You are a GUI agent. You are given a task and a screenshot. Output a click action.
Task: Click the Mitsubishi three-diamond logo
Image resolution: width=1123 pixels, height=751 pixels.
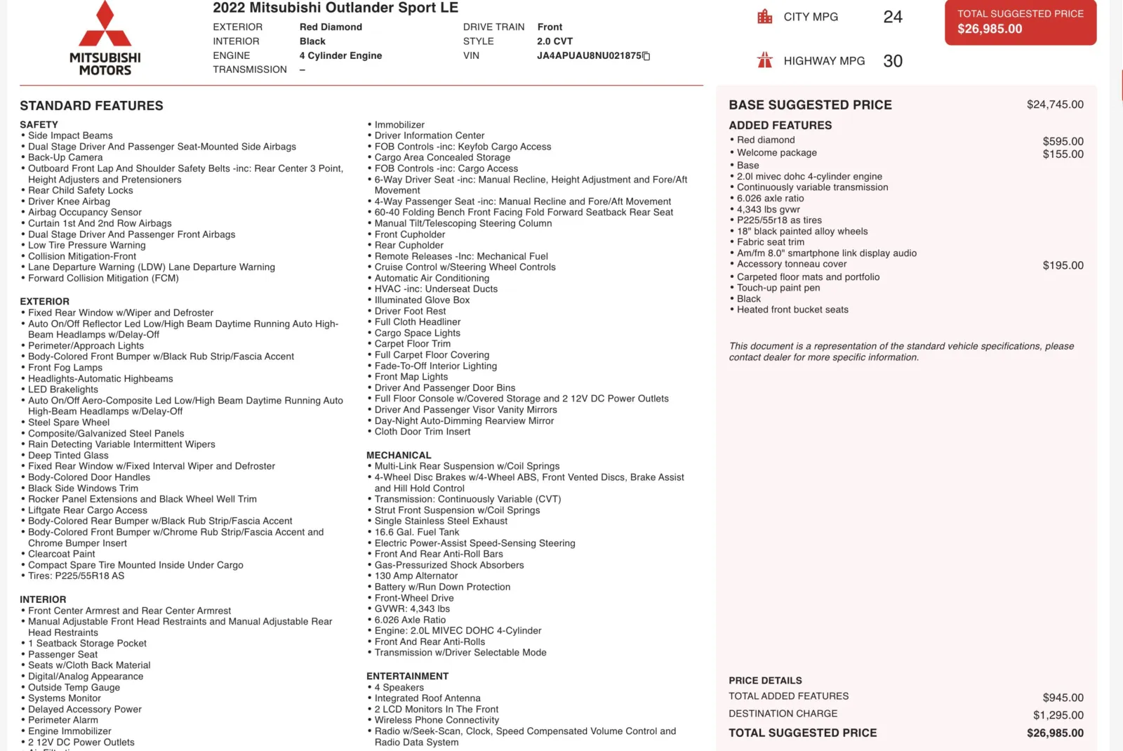click(105, 25)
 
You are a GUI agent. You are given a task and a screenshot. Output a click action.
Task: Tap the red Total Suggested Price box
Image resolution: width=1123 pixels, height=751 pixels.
click(1020, 22)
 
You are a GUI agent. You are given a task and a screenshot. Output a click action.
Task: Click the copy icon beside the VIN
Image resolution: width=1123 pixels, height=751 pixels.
click(646, 56)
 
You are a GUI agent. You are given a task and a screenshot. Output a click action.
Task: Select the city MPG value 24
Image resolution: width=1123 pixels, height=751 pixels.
click(893, 17)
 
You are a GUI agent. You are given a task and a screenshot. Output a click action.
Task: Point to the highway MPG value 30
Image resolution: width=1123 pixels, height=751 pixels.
click(893, 61)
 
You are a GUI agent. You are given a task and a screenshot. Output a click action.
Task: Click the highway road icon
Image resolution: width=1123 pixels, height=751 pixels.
click(764, 60)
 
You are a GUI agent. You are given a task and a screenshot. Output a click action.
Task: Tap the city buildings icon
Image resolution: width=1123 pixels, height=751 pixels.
click(764, 17)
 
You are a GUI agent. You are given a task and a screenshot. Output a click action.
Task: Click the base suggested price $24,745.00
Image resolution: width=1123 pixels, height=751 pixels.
click(1055, 105)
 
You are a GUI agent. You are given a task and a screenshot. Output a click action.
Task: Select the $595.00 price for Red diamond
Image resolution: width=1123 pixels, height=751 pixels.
click(1063, 141)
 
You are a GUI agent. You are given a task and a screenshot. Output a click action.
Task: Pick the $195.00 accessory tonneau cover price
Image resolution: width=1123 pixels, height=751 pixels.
click(1063, 265)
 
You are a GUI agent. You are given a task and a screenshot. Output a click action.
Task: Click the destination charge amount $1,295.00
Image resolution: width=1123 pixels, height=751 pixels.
click(1058, 715)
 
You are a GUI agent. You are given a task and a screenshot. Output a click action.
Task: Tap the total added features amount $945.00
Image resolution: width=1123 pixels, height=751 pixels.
click(1063, 698)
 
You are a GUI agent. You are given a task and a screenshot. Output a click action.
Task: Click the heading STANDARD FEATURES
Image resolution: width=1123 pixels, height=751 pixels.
click(91, 106)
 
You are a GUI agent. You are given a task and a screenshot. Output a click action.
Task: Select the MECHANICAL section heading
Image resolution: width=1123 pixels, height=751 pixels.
click(399, 456)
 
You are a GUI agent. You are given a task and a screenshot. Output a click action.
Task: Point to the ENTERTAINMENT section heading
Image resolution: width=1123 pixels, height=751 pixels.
click(407, 677)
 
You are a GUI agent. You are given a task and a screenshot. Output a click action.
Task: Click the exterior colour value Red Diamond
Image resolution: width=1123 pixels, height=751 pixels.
click(331, 27)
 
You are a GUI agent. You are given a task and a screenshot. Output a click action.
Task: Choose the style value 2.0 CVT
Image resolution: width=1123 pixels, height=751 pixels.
click(554, 41)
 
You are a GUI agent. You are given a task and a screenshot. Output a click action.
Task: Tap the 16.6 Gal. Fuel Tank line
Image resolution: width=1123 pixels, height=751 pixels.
click(417, 532)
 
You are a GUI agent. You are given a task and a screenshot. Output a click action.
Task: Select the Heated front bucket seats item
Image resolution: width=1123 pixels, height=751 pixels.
click(792, 310)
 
